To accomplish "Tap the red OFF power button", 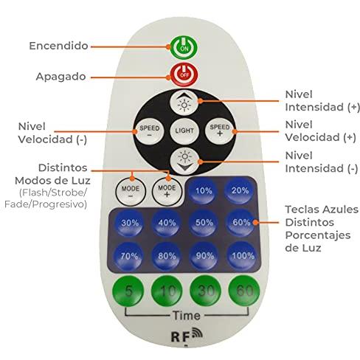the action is tap(184, 75).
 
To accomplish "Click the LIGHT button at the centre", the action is tap(184, 131).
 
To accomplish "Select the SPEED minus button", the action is tap(150, 131).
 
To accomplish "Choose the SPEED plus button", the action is tap(220, 131).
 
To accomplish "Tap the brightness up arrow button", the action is tap(184, 103).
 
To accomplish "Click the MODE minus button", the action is tap(131, 192).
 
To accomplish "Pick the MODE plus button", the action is tap(167, 191).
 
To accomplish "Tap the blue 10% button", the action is tap(204, 190).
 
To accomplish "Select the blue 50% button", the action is tap(204, 223).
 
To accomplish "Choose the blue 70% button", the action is tap(129, 257).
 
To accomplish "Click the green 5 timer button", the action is tap(128, 291).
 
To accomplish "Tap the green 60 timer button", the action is tap(244, 291).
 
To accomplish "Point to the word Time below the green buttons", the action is tap(186, 316).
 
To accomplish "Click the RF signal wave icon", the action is tap(197, 332).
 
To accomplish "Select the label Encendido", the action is tap(58, 46).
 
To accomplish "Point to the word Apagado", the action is tap(60, 77).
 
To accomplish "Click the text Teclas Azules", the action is tap(322, 210).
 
